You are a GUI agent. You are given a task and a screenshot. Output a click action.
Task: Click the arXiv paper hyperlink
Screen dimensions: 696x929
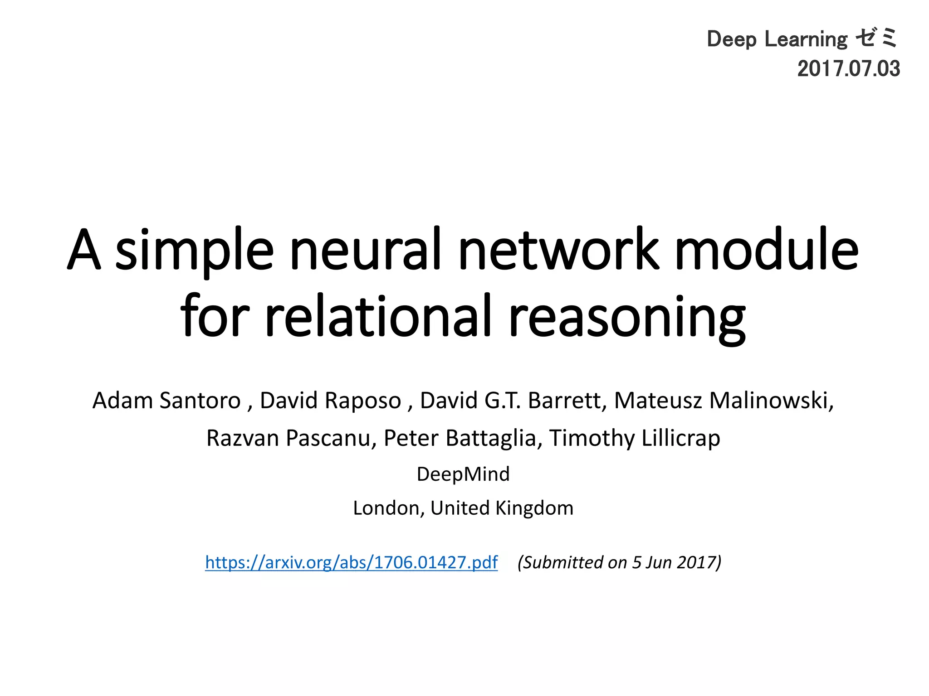351,562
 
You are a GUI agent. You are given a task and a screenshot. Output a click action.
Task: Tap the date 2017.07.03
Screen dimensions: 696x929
848,69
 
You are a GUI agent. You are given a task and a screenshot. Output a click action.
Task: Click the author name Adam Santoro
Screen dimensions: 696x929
166,401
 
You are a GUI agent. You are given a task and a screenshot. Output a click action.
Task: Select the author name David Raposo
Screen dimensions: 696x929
330,401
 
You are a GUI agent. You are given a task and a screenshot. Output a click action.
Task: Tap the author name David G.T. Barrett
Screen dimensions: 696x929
513,401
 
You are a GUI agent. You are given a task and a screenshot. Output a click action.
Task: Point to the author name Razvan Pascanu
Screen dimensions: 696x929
288,438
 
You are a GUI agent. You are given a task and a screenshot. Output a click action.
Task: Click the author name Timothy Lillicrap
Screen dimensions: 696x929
635,438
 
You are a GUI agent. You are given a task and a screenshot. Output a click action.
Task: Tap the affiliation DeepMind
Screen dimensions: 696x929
463,474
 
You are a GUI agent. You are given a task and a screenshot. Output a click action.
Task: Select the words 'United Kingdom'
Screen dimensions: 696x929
502,508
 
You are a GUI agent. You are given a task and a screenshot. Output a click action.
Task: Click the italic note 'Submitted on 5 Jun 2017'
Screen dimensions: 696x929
619,562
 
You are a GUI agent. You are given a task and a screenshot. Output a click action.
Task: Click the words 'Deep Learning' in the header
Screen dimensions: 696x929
777,39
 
